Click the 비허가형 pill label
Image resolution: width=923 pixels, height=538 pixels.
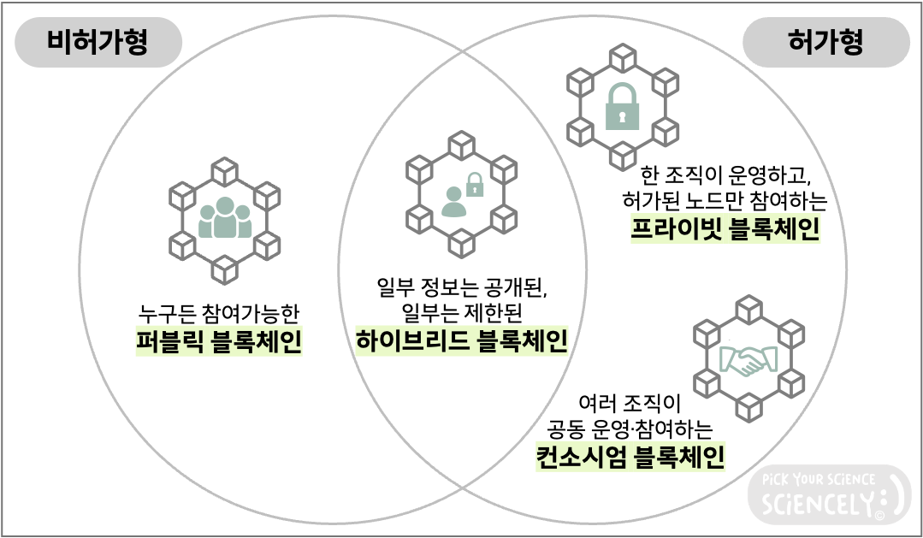[97, 43]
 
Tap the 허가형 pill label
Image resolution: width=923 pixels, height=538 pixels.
[825, 43]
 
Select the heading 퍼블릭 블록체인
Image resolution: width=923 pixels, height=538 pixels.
[219, 340]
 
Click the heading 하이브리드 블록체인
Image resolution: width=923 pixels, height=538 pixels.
[462, 340]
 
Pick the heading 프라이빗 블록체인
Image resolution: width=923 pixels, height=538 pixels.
[725, 229]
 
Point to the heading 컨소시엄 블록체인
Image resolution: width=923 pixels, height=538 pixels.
[630, 456]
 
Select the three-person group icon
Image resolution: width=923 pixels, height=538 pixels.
[224, 218]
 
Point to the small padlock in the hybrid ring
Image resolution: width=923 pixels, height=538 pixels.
[473, 181]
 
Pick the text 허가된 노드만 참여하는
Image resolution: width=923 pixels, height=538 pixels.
[725, 201]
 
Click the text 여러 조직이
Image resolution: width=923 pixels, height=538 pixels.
[630, 401]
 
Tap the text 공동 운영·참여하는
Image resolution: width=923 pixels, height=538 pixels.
[630, 428]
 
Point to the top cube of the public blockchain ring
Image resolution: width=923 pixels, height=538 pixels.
[225, 167]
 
